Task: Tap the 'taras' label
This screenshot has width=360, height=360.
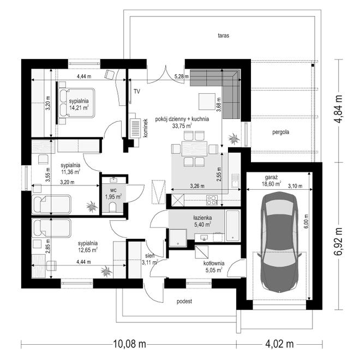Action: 224,35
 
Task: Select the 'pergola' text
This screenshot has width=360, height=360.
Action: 280,132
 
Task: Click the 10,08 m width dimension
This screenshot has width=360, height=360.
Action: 129,344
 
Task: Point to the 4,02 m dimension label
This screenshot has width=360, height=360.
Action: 279,344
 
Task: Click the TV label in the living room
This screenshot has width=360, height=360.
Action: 137,92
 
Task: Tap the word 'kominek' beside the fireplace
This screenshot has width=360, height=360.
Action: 145,128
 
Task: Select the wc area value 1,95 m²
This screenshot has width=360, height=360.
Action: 113,197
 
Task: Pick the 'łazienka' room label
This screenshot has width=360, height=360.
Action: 202,218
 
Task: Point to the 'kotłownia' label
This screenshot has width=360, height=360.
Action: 214,263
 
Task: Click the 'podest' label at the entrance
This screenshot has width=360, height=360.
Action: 184,302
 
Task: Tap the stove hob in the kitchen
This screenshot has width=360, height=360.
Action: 212,200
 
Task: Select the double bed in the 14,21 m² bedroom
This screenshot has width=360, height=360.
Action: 76,103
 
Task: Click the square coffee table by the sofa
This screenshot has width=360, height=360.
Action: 207,101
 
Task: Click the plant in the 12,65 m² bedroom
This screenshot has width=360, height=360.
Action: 106,271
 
